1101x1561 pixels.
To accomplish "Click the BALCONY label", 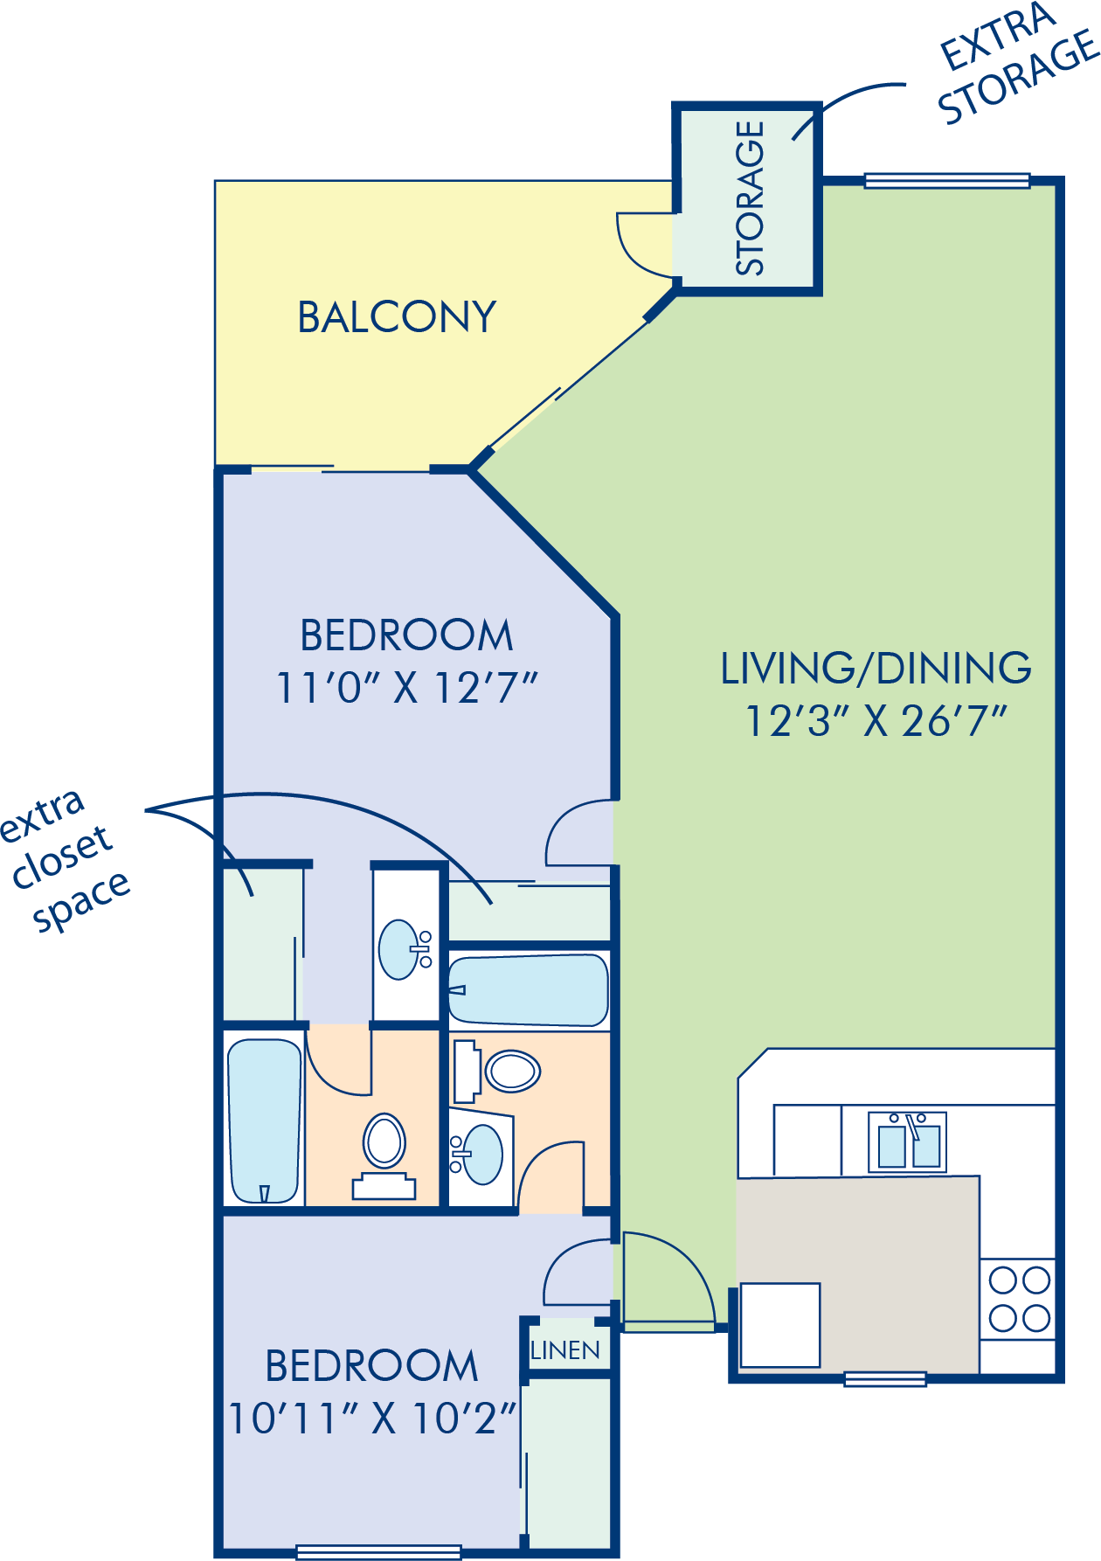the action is pos(397,317).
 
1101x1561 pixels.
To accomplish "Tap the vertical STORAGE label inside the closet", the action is pos(750,198).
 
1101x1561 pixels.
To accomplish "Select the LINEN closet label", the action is pos(565,1350).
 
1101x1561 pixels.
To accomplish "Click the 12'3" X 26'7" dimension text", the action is pos(876,722).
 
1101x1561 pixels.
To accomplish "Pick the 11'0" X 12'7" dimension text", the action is pos(406,688).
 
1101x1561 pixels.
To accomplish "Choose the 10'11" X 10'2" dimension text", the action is pos(372,1418).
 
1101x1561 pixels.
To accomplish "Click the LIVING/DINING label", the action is pos(876,669).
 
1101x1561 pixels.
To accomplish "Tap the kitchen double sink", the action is pos(908,1141).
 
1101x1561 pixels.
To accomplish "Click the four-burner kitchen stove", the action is pos(1019,1299).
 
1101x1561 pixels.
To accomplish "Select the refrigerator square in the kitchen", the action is pos(780,1324).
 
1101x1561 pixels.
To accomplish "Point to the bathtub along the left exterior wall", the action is pos(264,1120).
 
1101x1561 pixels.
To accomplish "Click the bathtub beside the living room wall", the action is pos(528,990).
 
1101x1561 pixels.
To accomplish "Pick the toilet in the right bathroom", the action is pos(497,1070).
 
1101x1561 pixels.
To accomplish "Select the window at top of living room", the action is pos(947,181).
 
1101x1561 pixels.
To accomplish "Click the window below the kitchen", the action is pos(885,1379).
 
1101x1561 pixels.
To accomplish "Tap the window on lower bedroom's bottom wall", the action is pos(378,1552).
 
